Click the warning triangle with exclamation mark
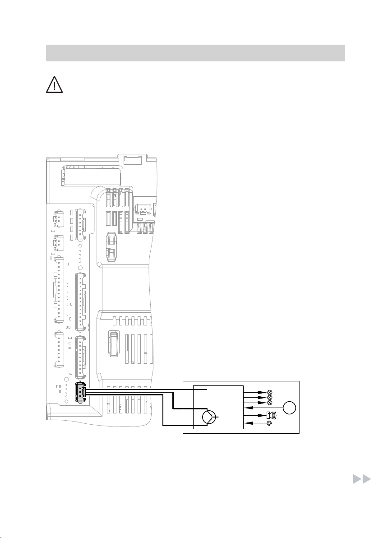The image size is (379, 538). click(53, 84)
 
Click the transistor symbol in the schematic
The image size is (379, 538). click(209, 417)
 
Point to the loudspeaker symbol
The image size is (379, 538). click(269, 415)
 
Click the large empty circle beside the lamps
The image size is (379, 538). click(289, 409)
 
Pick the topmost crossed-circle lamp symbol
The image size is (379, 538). click(270, 393)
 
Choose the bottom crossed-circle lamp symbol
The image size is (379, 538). click(270, 402)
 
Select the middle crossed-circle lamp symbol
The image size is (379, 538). click(270, 398)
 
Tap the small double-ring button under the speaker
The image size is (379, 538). click(269, 423)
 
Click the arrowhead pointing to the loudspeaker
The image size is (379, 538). click(262, 415)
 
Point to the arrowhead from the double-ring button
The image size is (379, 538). click(247, 423)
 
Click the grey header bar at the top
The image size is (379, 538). click(195, 53)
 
